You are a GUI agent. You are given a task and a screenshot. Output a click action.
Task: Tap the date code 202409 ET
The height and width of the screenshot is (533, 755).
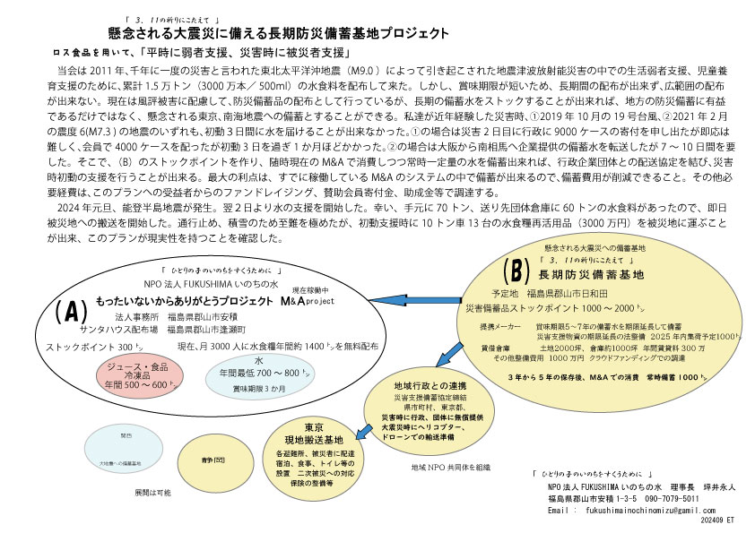[x=716, y=520]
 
